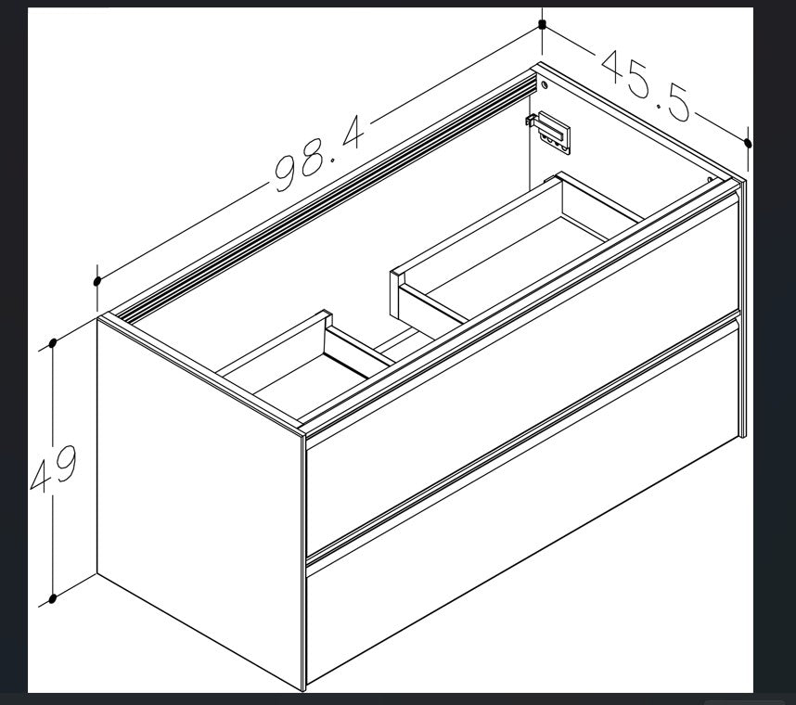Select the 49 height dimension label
[54, 469]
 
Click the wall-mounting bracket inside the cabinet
[549, 132]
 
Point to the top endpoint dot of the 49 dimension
[52, 343]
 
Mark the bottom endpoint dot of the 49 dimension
[52, 599]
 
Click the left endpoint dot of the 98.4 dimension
[97, 281]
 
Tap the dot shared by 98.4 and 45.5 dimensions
[542, 23]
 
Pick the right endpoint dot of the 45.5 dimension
[747, 143]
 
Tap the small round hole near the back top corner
[545, 84]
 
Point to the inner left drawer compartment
[310, 370]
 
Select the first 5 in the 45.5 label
[639, 82]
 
